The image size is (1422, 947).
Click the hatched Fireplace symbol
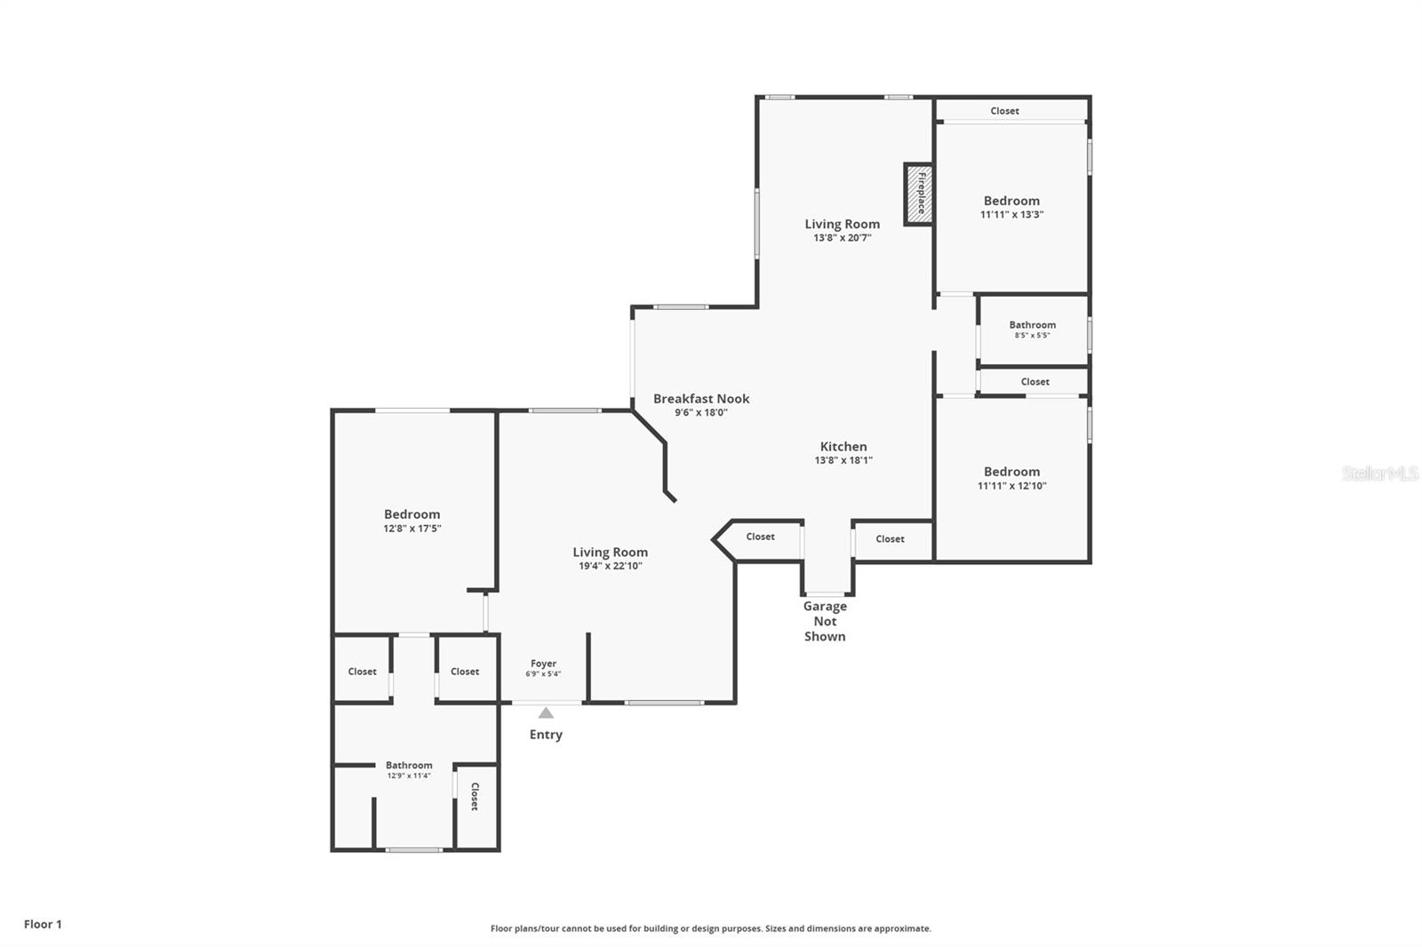click(919, 194)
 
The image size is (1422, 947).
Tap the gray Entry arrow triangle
click(546, 712)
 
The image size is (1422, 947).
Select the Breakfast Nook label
click(701, 399)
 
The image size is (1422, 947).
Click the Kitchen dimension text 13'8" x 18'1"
click(843, 460)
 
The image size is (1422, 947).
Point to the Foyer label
click(543, 664)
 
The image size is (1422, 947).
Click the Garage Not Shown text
click(825, 621)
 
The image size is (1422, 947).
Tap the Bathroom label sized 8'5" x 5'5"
click(1032, 325)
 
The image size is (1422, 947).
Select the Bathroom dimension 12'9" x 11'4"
click(409, 776)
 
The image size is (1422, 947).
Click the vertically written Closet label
click(475, 796)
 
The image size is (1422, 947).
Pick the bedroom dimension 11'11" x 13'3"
click(1011, 214)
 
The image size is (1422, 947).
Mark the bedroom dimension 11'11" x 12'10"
click(1011, 486)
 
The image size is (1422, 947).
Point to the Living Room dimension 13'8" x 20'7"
click(842, 237)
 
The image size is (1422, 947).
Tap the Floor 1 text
click(43, 924)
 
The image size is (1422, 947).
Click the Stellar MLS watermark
click(1379, 473)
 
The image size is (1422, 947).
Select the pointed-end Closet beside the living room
click(760, 537)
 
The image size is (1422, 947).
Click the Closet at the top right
click(1004, 111)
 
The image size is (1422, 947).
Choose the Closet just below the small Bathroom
click(1035, 382)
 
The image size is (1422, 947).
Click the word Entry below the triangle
click(546, 735)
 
